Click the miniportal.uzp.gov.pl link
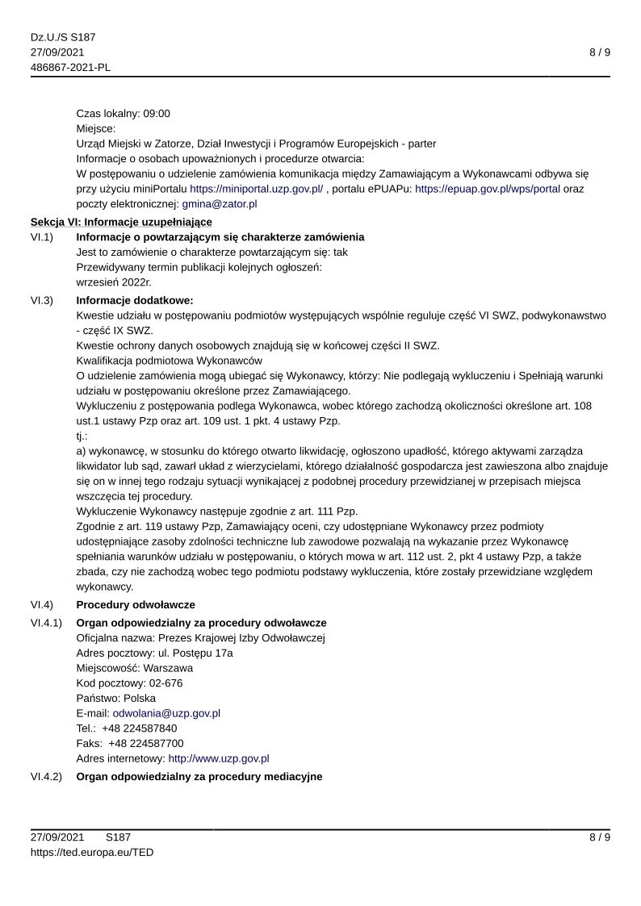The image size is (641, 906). point(257,189)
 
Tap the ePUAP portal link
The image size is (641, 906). point(487,189)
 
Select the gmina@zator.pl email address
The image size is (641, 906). point(220,204)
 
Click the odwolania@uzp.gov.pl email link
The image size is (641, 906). point(166,713)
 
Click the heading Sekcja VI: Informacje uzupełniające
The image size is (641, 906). point(121,222)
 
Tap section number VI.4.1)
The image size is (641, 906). point(47,623)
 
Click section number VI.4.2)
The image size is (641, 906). point(47,777)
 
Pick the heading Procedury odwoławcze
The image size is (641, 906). point(136,605)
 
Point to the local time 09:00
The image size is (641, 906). point(157,114)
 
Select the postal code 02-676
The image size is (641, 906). point(162,683)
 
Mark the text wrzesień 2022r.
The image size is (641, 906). point(114,282)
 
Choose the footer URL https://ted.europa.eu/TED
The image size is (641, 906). point(92,852)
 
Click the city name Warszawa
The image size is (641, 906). point(167,668)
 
